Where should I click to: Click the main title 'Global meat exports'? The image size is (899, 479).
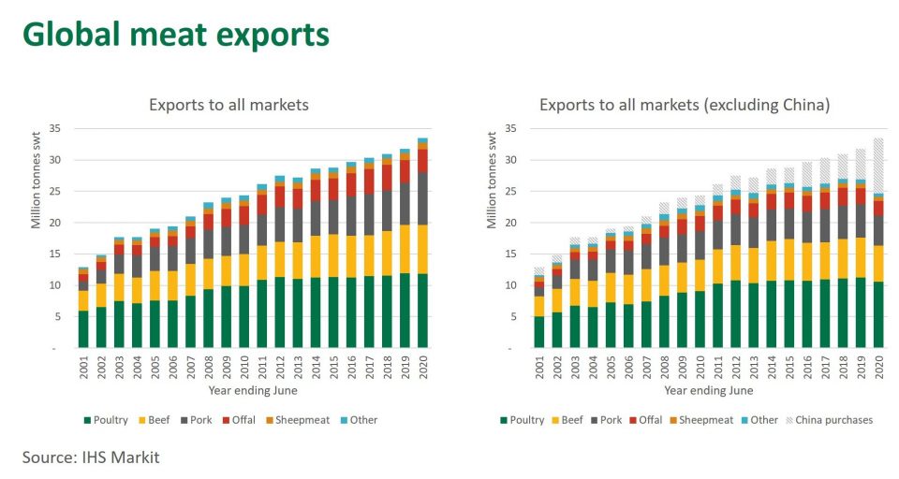(x=176, y=34)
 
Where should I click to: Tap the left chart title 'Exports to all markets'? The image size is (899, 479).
(x=228, y=105)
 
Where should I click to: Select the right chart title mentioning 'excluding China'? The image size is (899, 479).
(x=684, y=105)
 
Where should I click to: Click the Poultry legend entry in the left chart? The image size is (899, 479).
(x=117, y=420)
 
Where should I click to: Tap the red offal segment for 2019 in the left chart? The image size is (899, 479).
(x=405, y=170)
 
